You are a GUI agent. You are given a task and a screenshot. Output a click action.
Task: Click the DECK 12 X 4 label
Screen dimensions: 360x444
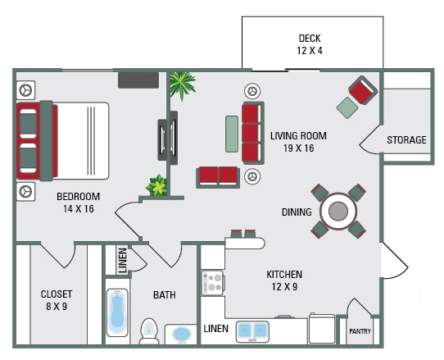[x=309, y=44]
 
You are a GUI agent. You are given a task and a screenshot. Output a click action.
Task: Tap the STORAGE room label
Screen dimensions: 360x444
[x=406, y=140]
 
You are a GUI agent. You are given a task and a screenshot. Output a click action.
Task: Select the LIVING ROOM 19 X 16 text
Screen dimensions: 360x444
[x=298, y=142]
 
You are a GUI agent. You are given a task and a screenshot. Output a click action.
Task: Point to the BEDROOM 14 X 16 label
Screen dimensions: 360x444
[x=78, y=203]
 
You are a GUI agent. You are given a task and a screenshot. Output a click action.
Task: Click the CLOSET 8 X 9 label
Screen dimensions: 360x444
[x=57, y=300]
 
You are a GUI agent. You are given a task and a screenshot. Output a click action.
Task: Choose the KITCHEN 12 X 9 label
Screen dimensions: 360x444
[x=284, y=280]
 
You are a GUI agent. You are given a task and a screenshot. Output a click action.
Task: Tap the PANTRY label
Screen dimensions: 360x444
[x=360, y=332]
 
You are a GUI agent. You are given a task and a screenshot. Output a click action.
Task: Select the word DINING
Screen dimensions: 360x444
[x=297, y=212]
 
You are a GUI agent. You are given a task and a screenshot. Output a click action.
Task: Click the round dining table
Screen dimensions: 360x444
[x=338, y=212]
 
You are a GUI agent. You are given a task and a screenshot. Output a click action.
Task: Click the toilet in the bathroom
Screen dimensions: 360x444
[x=148, y=330]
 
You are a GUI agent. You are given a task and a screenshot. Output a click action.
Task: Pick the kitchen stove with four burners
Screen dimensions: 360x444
[x=212, y=284]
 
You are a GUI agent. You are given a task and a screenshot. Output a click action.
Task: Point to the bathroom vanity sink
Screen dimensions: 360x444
[x=180, y=335]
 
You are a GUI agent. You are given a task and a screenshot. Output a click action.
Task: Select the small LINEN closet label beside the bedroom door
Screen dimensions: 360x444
[x=122, y=261]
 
